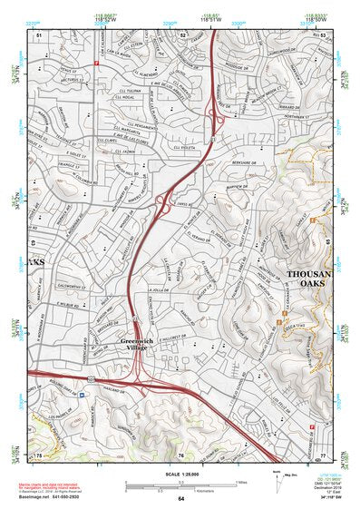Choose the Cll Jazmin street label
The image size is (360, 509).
137,153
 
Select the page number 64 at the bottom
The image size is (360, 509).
180,498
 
